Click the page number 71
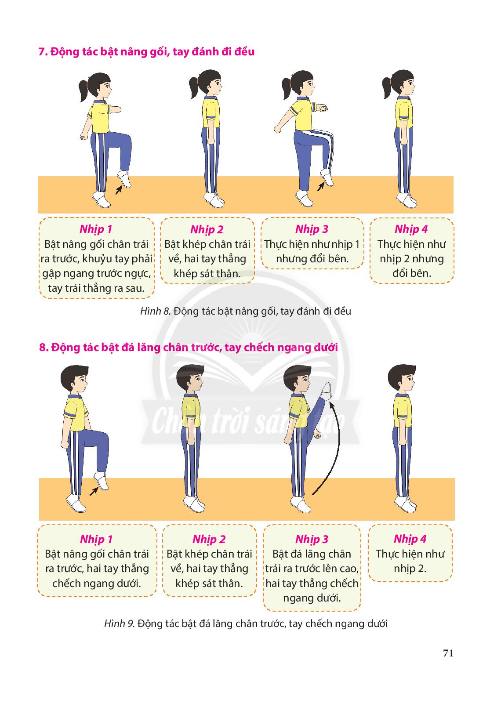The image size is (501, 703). click(448, 653)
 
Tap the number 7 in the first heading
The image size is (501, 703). click(41, 52)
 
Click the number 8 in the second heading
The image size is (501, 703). click(42, 348)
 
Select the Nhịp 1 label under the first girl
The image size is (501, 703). click(96, 229)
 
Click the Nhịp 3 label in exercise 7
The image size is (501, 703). click(312, 229)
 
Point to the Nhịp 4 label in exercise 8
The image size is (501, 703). click(410, 539)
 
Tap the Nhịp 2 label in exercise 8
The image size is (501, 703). click(209, 540)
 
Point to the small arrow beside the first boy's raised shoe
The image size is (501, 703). click(94, 492)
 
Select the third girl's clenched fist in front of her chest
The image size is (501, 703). click(323, 109)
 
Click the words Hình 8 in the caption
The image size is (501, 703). click(155, 312)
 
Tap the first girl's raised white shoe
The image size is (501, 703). click(124, 179)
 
